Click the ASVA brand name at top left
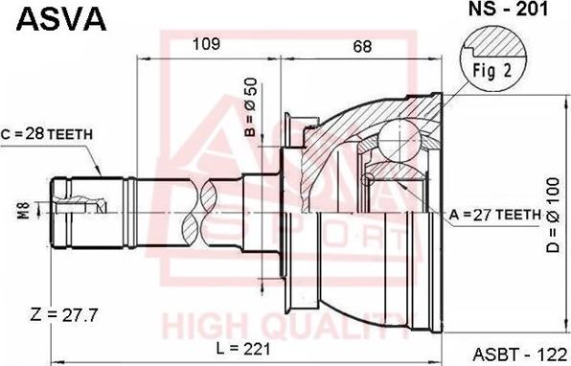[x=61, y=19]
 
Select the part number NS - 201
[x=508, y=10]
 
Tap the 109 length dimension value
[x=207, y=44]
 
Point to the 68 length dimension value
[x=362, y=46]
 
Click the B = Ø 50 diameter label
[x=251, y=107]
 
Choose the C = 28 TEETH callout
[x=47, y=134]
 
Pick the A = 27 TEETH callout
[x=495, y=215]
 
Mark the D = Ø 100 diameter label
[x=553, y=215]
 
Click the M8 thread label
[x=24, y=210]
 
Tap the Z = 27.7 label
[x=64, y=314]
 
